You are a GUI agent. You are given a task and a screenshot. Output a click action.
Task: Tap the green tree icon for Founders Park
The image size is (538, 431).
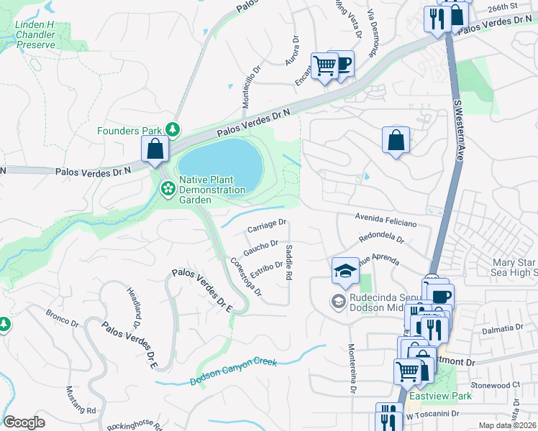[173, 129]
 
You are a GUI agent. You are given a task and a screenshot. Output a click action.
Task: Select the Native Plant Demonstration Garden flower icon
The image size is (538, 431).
[168, 189]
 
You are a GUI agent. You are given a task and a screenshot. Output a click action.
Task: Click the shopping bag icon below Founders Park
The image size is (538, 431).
[155, 149]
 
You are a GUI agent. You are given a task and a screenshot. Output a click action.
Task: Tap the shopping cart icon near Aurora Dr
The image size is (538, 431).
[324, 65]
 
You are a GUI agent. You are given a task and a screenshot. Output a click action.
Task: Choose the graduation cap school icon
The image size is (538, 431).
[345, 271]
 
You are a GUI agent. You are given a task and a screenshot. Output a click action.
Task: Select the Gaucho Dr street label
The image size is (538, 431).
[260, 248]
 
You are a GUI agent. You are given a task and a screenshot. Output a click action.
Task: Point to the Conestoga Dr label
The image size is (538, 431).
[245, 277]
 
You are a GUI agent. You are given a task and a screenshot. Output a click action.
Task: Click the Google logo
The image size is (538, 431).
[24, 422]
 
